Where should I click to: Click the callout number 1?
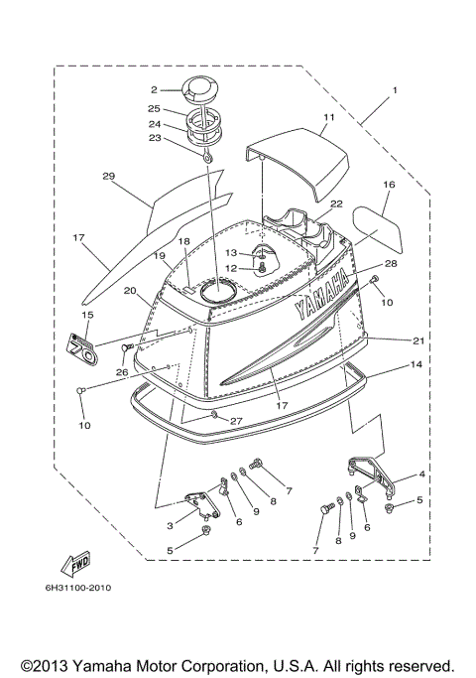(x=394, y=90)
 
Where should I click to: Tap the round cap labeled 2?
(x=187, y=89)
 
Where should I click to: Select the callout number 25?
(x=154, y=108)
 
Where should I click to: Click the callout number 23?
(x=154, y=140)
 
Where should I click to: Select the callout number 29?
(x=109, y=177)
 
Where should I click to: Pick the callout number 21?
(x=417, y=340)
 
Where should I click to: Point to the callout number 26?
(x=121, y=373)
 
